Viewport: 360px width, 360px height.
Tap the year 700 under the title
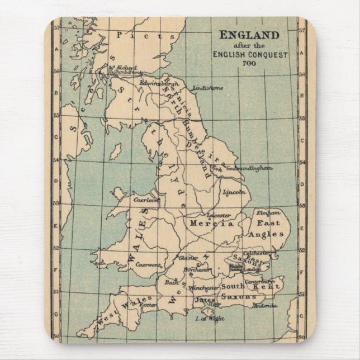(249, 63)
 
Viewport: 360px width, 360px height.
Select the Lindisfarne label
(207, 88)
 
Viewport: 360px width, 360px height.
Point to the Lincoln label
(234, 192)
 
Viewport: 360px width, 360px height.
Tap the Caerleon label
(146, 198)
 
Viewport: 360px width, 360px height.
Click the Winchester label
(202, 288)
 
